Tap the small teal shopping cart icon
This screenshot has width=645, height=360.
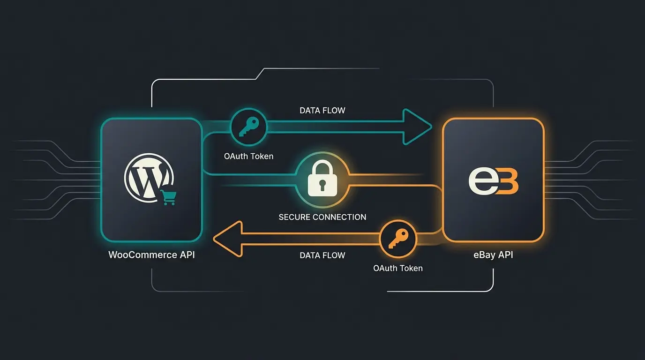[168, 197]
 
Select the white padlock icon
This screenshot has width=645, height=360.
[322, 180]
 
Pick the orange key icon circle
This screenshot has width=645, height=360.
[397, 239]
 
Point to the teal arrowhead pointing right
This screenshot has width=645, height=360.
[417, 127]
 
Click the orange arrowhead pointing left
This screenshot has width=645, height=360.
[228, 239]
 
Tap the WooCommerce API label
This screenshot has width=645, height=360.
[151, 255]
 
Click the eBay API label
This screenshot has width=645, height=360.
[493, 255]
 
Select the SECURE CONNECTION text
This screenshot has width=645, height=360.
[322, 217]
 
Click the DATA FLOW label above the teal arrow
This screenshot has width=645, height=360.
[322, 111]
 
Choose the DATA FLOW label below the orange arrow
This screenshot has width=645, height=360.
[322, 255]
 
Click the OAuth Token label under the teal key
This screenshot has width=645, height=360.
[248, 156]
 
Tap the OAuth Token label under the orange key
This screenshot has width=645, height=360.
[397, 268]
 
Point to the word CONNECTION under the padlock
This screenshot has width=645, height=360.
[339, 217]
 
